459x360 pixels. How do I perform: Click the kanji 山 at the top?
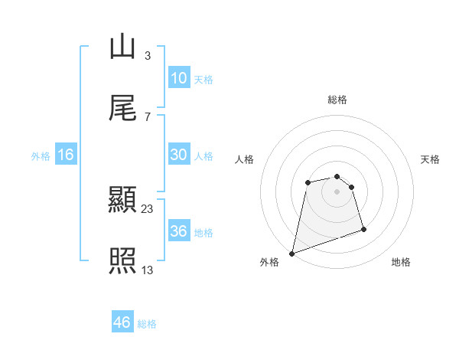click(x=122, y=47)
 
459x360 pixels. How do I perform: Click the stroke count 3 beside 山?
click(x=147, y=55)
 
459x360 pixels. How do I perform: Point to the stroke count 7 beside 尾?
click(x=147, y=116)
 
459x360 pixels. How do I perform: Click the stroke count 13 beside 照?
click(x=148, y=270)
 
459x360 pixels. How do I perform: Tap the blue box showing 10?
click(x=178, y=78)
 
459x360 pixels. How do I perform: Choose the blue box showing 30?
click(x=178, y=155)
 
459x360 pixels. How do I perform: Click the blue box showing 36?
click(x=178, y=231)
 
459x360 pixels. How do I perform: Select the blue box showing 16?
click(x=66, y=155)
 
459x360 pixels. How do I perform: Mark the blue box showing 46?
click(x=122, y=322)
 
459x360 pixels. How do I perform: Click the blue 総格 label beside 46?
click(x=147, y=324)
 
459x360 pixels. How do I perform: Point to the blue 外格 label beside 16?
click(x=41, y=155)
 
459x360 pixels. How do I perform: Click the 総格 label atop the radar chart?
click(x=337, y=100)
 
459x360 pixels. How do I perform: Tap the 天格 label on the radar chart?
click(x=431, y=159)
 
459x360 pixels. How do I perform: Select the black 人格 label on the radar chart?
click(x=244, y=159)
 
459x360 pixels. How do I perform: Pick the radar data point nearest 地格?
click(x=364, y=229)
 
